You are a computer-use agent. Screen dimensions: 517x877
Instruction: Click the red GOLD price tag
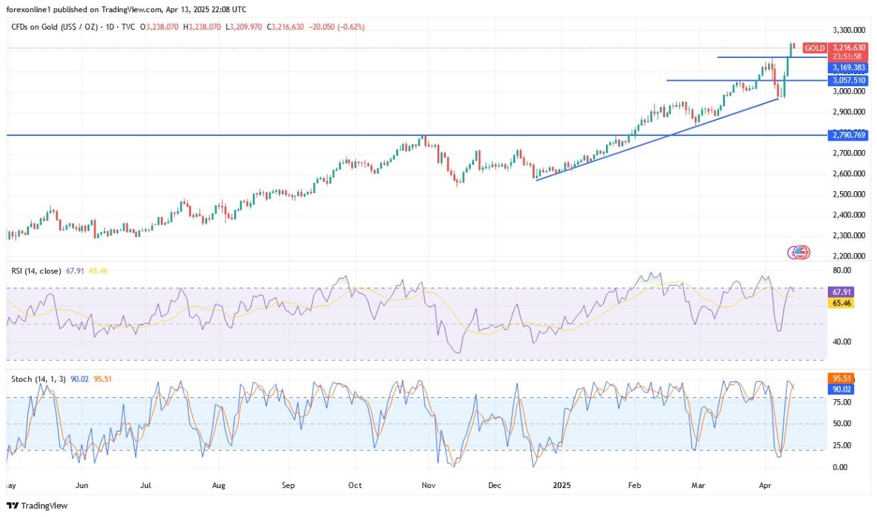(x=815, y=48)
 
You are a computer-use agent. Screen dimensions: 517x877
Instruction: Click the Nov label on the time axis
(x=428, y=485)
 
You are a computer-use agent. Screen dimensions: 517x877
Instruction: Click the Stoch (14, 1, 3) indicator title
(x=38, y=379)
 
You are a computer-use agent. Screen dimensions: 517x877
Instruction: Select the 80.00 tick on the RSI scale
(x=842, y=271)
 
